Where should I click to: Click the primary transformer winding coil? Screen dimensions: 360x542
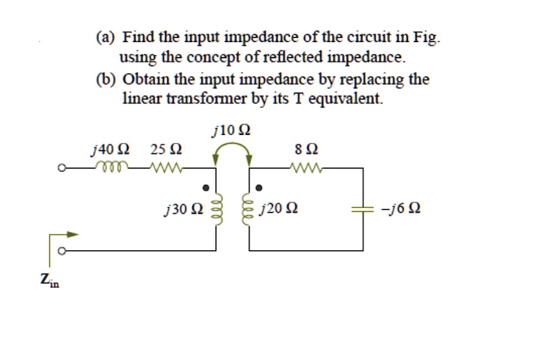click(x=216, y=209)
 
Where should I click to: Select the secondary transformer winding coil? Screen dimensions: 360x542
click(x=248, y=209)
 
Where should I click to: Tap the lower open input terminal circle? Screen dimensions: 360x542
click(x=62, y=250)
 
